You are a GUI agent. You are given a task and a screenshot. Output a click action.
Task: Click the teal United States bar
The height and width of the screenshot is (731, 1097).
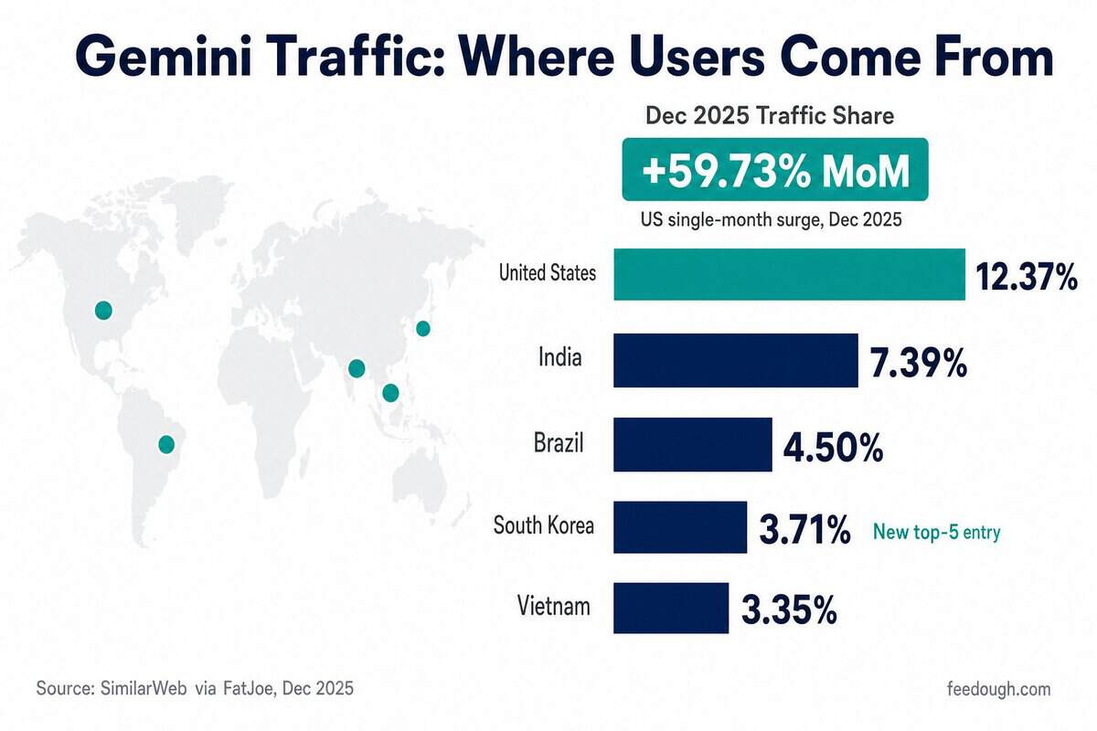pyautogui.click(x=790, y=274)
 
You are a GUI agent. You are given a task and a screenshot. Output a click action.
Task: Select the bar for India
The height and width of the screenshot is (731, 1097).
pyautogui.click(x=736, y=360)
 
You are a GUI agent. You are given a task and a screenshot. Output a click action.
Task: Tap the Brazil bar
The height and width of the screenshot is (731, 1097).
pyautogui.click(x=693, y=445)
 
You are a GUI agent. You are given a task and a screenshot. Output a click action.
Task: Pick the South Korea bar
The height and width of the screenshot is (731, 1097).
pyautogui.click(x=680, y=527)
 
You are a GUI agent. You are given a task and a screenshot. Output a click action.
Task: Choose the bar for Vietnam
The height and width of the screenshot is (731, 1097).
pyautogui.click(x=671, y=608)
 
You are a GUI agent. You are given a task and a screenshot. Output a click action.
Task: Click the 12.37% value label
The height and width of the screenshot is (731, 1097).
pyautogui.click(x=1027, y=277)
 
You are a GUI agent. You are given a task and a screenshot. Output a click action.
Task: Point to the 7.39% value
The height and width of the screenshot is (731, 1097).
pyautogui.click(x=918, y=363)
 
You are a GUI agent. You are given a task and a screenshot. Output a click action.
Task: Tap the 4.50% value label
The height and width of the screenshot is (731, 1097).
pyautogui.click(x=833, y=448)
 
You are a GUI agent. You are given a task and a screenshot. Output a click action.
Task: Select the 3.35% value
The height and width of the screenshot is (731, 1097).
pyautogui.click(x=789, y=610)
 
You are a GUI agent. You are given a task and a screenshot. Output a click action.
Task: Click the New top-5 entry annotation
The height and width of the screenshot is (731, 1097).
pyautogui.click(x=936, y=531)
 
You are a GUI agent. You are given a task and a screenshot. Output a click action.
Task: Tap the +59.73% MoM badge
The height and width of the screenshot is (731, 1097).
pyautogui.click(x=775, y=169)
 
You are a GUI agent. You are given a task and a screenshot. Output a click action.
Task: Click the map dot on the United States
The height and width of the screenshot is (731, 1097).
pyautogui.click(x=103, y=311)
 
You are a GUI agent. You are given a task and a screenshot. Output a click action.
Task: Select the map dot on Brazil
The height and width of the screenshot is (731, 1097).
pyautogui.click(x=166, y=445)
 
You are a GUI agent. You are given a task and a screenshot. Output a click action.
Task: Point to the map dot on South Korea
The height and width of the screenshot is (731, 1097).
pyautogui.click(x=423, y=329)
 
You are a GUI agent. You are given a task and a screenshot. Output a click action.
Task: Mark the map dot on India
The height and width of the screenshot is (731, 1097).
pyautogui.click(x=357, y=368)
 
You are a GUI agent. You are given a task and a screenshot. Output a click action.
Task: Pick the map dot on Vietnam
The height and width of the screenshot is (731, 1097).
pyautogui.click(x=390, y=393)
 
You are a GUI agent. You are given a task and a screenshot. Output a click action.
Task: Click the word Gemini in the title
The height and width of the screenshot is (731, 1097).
pyautogui.click(x=165, y=57)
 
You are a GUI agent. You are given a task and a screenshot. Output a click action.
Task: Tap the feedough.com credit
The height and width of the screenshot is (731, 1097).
pyautogui.click(x=999, y=689)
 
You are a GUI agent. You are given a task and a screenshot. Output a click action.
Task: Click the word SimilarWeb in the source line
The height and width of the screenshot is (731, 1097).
pyautogui.click(x=144, y=688)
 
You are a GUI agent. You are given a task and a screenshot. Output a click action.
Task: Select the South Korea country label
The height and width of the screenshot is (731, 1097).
pyautogui.click(x=544, y=525)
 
